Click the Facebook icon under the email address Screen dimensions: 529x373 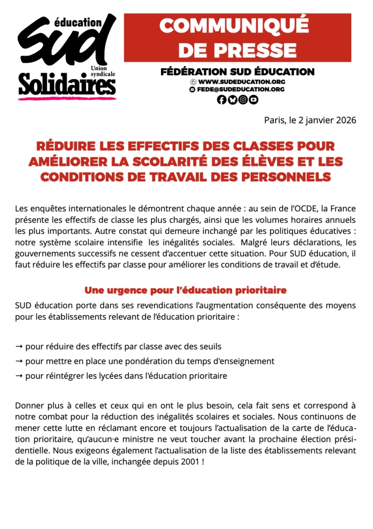click(222, 100)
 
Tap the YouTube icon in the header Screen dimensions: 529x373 click(253, 100)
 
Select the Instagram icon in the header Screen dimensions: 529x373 click(243, 100)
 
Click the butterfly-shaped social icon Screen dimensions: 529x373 click(232, 100)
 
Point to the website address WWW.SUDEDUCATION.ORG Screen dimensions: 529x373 click(241, 82)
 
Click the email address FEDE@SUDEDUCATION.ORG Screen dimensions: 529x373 click(241, 89)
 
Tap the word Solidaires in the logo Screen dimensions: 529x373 click(67, 84)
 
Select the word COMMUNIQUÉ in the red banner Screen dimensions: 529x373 click(237, 26)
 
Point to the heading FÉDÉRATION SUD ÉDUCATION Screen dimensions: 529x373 click(238, 71)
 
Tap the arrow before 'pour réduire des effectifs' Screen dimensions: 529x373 click(19, 346)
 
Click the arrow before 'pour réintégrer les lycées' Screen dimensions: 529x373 click(19, 376)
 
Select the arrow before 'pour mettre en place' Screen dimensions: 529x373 click(19, 361)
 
